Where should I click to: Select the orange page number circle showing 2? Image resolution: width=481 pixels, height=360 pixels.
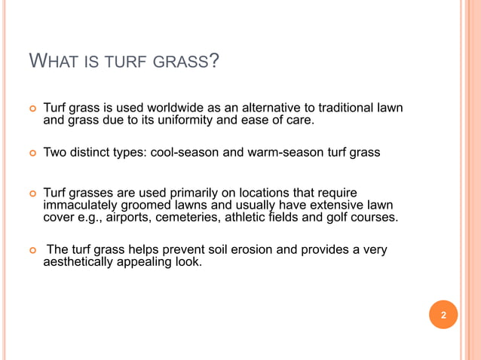click(443, 315)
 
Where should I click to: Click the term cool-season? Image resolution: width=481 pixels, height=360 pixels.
click(185, 152)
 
